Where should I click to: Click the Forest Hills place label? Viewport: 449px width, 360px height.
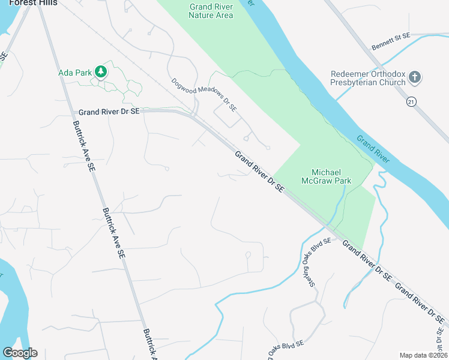(33, 3)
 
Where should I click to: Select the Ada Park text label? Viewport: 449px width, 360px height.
(75, 73)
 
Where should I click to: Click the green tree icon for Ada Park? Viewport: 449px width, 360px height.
(101, 73)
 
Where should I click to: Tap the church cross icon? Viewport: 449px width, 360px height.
(414, 77)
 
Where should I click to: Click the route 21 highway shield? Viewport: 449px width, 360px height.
(411, 102)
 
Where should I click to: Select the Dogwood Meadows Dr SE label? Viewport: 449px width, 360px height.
(204, 94)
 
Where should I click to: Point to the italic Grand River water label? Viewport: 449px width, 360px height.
(373, 149)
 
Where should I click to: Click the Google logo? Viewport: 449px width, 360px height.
(20, 353)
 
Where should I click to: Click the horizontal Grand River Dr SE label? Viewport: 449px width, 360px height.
(109, 112)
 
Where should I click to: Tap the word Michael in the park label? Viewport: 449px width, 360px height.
(326, 172)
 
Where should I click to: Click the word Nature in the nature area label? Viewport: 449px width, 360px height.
(199, 16)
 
